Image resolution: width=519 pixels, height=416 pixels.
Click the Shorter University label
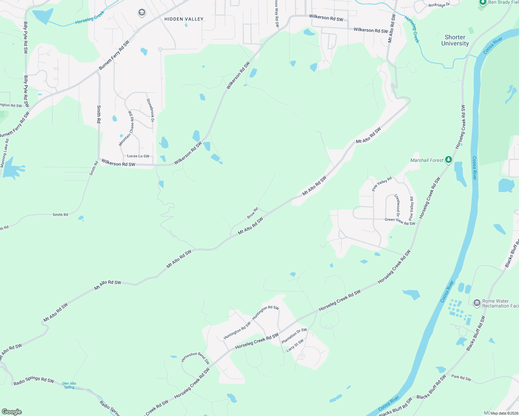(455, 40)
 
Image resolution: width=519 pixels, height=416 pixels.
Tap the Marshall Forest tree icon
(449, 160)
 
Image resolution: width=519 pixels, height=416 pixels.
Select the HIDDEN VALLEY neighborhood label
(184, 19)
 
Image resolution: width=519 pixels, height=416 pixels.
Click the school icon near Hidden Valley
(142, 13)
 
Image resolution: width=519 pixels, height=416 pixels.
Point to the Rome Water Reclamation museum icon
(477, 303)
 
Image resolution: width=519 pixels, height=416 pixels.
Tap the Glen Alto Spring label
(69, 385)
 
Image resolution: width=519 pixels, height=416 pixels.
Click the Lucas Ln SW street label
(138, 156)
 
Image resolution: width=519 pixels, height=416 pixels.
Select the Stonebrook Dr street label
(150, 110)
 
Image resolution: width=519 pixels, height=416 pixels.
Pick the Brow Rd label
(253, 213)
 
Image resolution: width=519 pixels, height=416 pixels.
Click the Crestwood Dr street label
(398, 206)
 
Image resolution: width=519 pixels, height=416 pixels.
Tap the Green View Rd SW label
(400, 221)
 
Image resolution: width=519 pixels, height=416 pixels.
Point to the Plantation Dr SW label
(294, 336)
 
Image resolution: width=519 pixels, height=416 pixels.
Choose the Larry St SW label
(295, 345)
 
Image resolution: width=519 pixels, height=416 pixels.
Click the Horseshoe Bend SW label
(196, 357)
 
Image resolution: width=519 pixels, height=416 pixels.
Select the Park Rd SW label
(461, 378)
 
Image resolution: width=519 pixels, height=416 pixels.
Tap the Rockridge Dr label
(439, 5)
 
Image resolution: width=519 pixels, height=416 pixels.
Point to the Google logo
(12, 412)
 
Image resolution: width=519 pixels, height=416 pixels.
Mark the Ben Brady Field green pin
(483, 2)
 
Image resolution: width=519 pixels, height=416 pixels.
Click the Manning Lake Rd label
(5, 153)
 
